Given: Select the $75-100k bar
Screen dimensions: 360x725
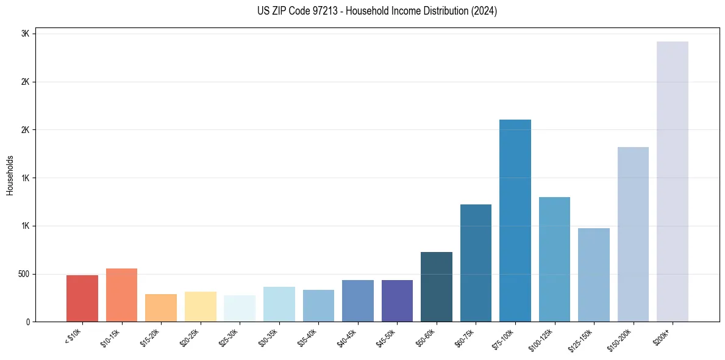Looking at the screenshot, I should (x=515, y=220).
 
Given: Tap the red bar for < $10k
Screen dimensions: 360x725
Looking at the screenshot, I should (x=82, y=298).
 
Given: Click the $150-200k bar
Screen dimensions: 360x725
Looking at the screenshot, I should (x=633, y=234).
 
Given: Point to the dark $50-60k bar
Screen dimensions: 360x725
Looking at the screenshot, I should (x=436, y=287).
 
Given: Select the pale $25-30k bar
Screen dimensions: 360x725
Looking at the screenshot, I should (x=240, y=308).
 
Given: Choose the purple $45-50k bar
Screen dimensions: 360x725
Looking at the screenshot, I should (x=397, y=301).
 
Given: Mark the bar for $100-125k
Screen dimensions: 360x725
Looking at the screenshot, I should (x=554, y=259).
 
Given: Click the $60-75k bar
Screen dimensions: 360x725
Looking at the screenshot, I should (x=476, y=263).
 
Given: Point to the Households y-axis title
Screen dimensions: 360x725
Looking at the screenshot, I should (x=10, y=175).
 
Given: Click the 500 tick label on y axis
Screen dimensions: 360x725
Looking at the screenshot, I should (x=23, y=274).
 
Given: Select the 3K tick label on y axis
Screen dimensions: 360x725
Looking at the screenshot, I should (x=25, y=34).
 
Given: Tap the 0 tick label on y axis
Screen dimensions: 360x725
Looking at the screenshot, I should (x=27, y=322).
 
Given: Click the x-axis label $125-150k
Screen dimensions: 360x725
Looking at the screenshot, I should (x=587, y=338).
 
